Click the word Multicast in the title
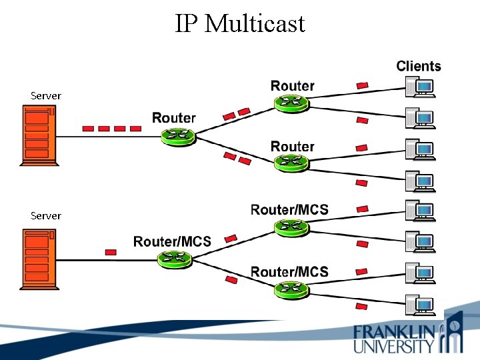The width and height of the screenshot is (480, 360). coord(255,24)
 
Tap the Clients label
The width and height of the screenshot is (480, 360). coord(419,66)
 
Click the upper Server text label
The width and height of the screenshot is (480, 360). coord(46,96)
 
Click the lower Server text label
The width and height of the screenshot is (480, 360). coord(46,216)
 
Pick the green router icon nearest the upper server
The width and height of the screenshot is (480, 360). coord(178,136)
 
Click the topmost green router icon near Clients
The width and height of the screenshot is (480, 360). coord(291,103)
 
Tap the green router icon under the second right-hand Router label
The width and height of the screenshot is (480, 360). coord(291,162)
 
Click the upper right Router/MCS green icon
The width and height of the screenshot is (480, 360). coord(291,227)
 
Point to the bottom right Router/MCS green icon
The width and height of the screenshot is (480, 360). coord(291,289)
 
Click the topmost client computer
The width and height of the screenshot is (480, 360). coord(421,87)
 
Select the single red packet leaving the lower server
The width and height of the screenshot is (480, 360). coord(111,252)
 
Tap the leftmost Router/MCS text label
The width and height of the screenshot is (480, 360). coord(172,241)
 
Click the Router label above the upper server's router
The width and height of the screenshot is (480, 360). coord(174,119)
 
